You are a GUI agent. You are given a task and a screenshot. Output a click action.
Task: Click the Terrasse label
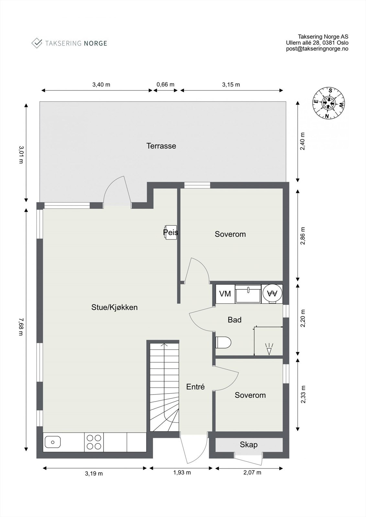[161, 146]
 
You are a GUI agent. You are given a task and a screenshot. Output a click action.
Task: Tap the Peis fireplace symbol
[171, 232]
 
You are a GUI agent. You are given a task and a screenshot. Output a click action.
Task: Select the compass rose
[328, 103]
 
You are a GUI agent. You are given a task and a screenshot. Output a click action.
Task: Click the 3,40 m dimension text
[101, 85]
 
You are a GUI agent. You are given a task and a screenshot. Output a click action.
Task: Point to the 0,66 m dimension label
[165, 85]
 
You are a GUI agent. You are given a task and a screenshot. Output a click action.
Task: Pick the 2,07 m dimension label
[252, 472]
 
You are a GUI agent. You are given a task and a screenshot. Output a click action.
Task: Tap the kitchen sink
[53, 442]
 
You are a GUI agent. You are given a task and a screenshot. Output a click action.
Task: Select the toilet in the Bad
[223, 343]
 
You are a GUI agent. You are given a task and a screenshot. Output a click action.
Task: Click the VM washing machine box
[225, 294]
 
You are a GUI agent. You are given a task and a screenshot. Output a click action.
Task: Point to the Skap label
[249, 445]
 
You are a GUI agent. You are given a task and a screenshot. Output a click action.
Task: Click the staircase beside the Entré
[164, 388]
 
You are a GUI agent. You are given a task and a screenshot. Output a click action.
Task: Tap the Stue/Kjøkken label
[114, 307]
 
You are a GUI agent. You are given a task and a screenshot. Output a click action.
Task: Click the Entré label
[195, 387]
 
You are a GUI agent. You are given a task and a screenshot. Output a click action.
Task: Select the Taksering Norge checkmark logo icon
[37, 43]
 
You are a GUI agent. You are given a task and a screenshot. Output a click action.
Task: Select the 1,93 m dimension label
[182, 472]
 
